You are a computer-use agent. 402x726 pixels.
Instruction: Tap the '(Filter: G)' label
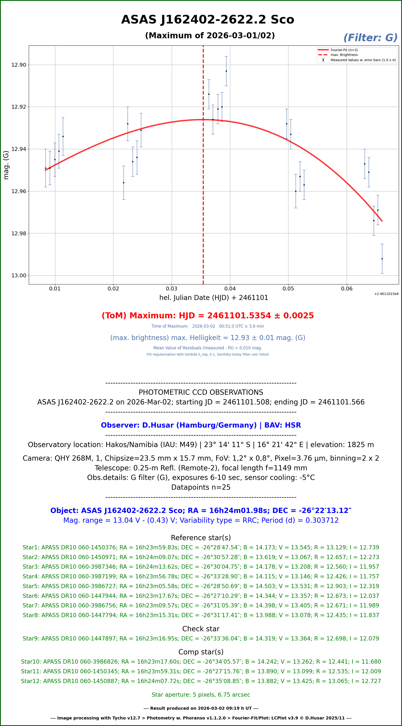(x=370, y=38)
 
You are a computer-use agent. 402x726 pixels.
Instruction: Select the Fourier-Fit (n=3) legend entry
(x=344, y=50)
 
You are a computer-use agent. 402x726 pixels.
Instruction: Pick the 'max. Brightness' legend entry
(x=344, y=55)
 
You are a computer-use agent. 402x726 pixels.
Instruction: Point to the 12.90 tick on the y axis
(x=19, y=65)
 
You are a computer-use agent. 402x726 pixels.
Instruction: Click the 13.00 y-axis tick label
(x=19, y=276)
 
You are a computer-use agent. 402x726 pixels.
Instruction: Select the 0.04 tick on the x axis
(x=230, y=289)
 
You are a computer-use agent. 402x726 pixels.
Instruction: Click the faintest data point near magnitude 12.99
(x=382, y=259)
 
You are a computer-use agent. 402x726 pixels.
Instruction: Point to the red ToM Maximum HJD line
(x=208, y=316)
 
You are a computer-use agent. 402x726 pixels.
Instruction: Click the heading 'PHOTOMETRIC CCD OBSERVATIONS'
(x=201, y=392)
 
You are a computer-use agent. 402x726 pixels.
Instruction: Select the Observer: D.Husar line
(x=201, y=425)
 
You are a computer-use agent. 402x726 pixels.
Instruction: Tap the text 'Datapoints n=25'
(x=201, y=487)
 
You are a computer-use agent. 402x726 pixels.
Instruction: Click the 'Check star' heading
(x=201, y=629)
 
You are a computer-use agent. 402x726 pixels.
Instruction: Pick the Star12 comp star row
(x=201, y=681)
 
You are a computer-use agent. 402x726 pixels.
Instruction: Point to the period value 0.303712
(x=322, y=520)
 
